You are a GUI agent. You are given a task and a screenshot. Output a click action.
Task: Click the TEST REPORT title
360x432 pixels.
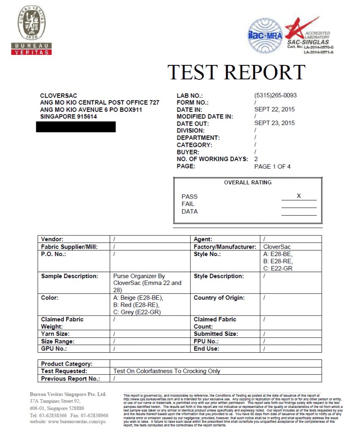pyautogui.click(x=236, y=72)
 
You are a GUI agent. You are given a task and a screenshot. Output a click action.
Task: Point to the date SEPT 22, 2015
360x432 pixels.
pyautogui.click(x=274, y=109)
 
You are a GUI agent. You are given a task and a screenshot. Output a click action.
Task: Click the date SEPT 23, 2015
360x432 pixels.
pyautogui.click(x=274, y=123)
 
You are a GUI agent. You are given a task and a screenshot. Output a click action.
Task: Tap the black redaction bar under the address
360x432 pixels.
pyautogui.click(x=76, y=127)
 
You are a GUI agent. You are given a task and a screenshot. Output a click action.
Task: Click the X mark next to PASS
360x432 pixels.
pyautogui.click(x=299, y=196)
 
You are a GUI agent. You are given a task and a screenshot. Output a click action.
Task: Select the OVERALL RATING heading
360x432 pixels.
pyautogui.click(x=248, y=183)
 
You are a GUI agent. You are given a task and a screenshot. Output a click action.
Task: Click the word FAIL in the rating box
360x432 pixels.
pyautogui.click(x=188, y=204)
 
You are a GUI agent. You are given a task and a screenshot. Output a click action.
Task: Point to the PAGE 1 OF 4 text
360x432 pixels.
pyautogui.click(x=272, y=167)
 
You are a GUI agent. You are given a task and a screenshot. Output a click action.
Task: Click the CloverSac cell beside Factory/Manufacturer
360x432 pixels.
pyautogui.click(x=277, y=247)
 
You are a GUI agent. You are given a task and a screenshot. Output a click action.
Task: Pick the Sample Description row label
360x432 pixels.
pyautogui.click(x=70, y=276)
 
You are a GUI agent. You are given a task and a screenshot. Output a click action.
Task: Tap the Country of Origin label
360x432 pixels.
pyautogui.click(x=219, y=298)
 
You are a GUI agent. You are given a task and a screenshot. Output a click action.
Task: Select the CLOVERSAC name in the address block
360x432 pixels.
pyautogui.click(x=59, y=96)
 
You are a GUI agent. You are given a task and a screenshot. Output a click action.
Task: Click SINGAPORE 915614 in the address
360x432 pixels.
pyautogui.click(x=68, y=116)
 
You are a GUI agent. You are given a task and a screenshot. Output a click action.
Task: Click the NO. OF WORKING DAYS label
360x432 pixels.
pyautogui.click(x=212, y=159)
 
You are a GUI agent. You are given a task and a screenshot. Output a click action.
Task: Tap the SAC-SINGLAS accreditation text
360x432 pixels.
pyautogui.click(x=308, y=42)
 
